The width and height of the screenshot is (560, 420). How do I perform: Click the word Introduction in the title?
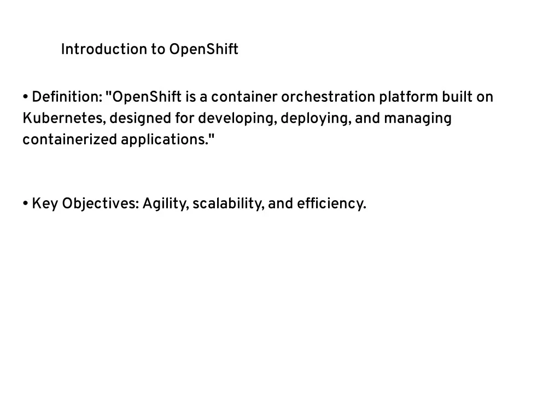(x=104, y=49)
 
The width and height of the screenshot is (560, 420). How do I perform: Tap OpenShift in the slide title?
(x=203, y=49)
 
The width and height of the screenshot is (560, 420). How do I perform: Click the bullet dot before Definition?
(x=25, y=97)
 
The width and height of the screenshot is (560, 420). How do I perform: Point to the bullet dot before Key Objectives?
(x=25, y=203)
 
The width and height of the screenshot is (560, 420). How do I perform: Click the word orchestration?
(x=328, y=97)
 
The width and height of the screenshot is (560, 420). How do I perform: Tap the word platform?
(x=408, y=97)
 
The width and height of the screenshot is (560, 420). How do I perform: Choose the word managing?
(x=417, y=119)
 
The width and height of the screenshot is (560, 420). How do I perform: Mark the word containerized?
(x=69, y=139)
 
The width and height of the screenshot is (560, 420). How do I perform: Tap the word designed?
(x=140, y=119)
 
